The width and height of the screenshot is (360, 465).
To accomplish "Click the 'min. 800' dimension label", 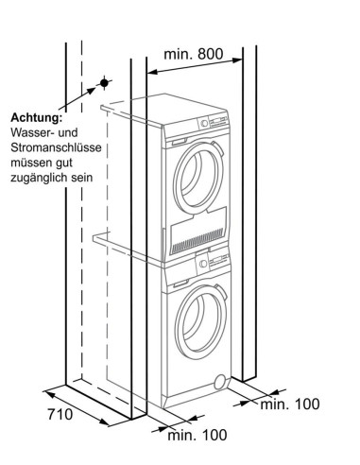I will click(193, 54).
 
